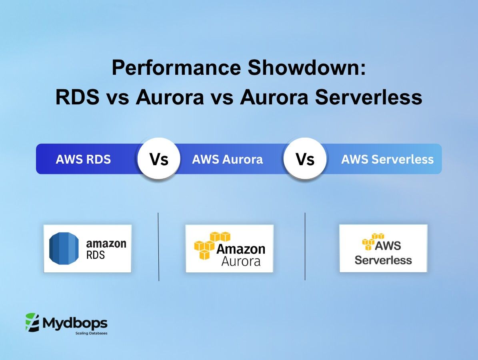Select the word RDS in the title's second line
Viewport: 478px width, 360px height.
click(x=77, y=97)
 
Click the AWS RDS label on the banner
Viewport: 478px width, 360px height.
click(x=83, y=159)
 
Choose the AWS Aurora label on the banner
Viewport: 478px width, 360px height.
click(x=227, y=159)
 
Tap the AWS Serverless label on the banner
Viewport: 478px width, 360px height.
click(x=387, y=159)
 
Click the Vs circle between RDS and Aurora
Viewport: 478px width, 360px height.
click(x=159, y=159)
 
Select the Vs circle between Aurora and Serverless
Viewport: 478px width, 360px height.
click(x=305, y=159)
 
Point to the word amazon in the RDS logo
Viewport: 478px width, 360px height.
click(x=106, y=243)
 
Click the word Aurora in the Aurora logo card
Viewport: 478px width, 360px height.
click(x=241, y=261)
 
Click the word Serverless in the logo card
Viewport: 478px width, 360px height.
click(x=383, y=260)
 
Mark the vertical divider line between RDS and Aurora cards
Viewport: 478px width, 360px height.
click(x=159, y=247)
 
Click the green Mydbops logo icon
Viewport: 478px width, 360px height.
click(x=32, y=322)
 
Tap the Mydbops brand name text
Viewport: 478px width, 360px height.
click(x=75, y=322)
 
